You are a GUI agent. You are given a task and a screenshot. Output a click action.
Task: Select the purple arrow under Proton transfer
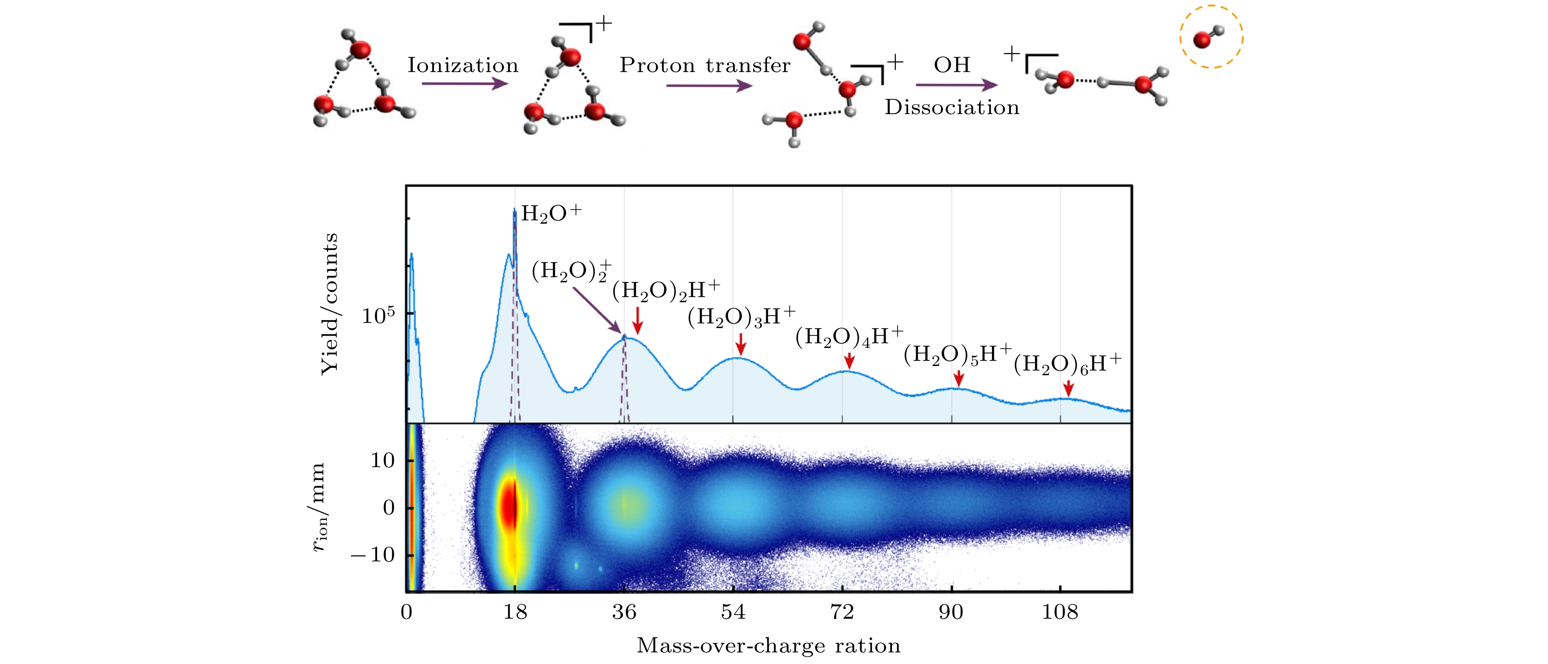click(709, 86)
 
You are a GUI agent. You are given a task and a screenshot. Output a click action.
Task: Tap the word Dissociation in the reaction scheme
click(952, 108)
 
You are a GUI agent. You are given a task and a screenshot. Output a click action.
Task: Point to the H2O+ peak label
click(551, 213)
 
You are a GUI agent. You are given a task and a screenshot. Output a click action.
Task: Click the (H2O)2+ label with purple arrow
click(571, 271)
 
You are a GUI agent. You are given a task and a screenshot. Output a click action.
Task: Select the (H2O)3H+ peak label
click(742, 317)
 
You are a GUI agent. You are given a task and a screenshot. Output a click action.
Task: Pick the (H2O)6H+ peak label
click(1067, 364)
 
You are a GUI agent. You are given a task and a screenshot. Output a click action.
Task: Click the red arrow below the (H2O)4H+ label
click(849, 360)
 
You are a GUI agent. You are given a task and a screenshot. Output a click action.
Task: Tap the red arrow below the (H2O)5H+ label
click(959, 378)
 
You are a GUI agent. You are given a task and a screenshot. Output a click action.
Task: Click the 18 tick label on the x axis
click(515, 612)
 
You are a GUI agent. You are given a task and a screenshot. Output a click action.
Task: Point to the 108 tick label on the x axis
click(1060, 612)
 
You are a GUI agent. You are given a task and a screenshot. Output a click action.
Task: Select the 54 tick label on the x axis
click(733, 612)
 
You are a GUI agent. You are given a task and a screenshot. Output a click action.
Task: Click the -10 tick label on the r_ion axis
click(372, 555)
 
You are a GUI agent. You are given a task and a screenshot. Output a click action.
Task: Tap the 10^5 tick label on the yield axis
click(378, 315)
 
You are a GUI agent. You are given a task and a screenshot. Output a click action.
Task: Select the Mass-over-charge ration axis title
click(768, 646)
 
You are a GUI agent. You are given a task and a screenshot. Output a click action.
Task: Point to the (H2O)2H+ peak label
click(666, 291)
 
